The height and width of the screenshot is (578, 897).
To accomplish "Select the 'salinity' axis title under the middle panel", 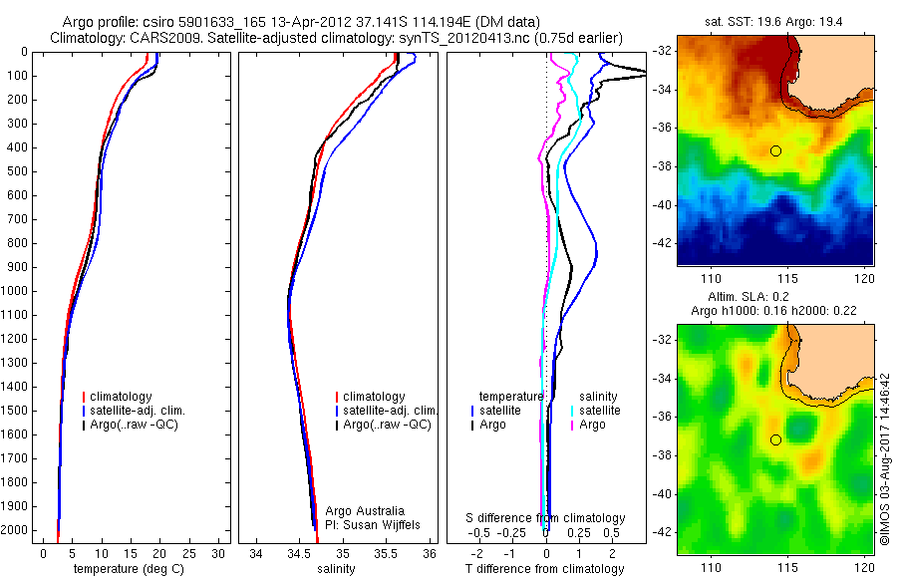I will click(x=335, y=569).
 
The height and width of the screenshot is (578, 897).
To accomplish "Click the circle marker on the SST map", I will click(x=775, y=150).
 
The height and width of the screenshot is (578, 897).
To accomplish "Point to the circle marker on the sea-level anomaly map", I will click(x=775, y=439).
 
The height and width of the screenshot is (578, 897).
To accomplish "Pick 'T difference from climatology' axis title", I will click(x=544, y=569).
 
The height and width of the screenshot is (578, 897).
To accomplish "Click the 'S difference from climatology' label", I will click(x=546, y=518).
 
